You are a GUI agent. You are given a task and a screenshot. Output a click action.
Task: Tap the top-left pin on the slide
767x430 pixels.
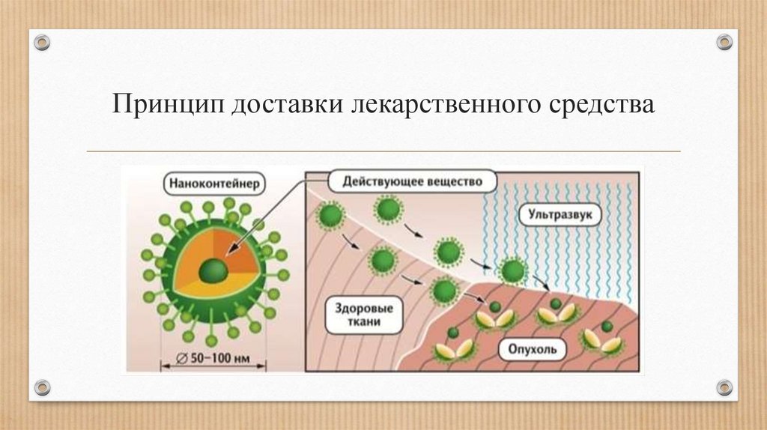pos(42,42)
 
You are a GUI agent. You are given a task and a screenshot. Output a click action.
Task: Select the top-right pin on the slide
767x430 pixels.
pos(724,42)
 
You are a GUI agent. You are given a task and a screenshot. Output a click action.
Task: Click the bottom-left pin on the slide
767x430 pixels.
pos(42,387)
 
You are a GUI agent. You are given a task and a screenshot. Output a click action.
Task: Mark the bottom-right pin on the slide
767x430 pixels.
pos(724,387)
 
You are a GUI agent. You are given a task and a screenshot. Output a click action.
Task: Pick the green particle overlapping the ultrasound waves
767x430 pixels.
pos(513,270)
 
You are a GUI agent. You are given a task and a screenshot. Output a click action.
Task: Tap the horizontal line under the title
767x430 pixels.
pos(383,151)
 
